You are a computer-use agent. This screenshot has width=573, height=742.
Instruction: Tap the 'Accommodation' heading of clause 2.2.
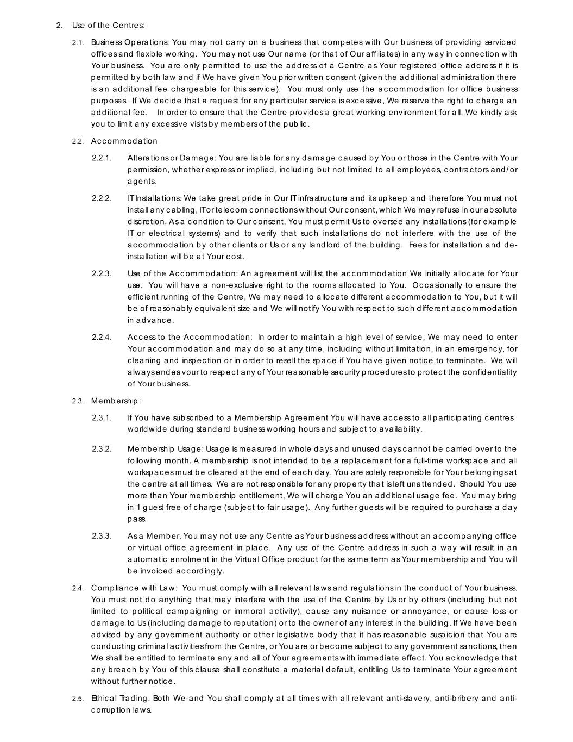[x=124, y=141]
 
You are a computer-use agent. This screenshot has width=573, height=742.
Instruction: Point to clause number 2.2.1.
[x=102, y=158]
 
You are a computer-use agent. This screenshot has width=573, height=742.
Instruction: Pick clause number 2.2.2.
[x=102, y=198]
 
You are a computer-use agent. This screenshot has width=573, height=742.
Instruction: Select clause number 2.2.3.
[x=102, y=273]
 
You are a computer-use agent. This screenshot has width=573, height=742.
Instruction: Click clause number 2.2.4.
[x=102, y=338]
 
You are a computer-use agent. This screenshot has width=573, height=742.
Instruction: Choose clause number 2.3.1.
[x=102, y=418]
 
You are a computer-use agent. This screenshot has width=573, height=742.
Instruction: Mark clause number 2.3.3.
[x=102, y=537]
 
